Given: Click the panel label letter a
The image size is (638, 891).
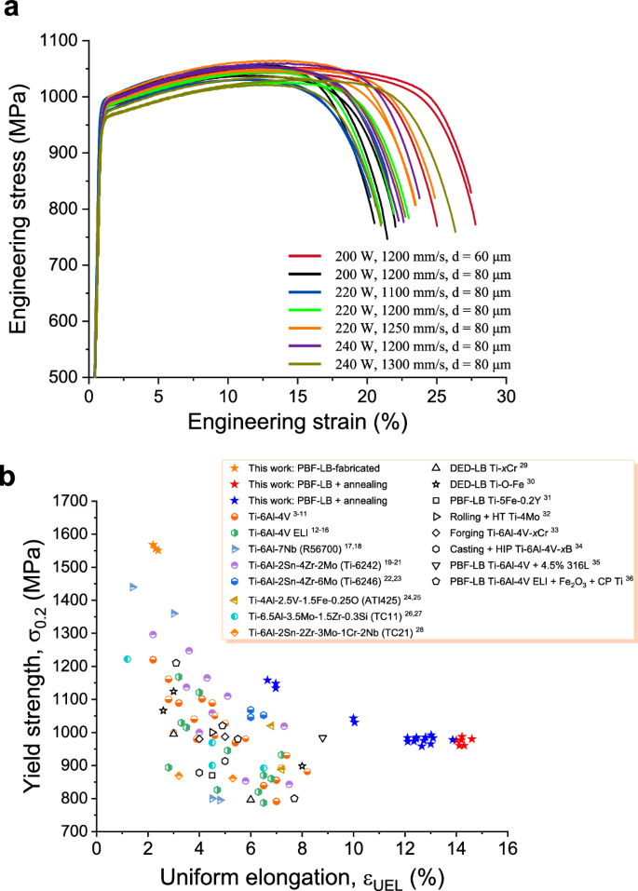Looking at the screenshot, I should point(13,13).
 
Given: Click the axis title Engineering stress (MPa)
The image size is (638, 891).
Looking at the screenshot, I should point(19,209).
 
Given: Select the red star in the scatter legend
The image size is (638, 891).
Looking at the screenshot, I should point(229,484).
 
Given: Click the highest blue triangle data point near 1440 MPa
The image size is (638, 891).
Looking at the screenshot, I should point(133,587).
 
